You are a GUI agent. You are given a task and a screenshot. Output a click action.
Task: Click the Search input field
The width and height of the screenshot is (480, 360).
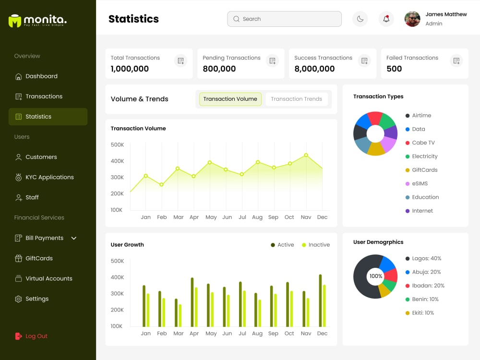tap(284, 19)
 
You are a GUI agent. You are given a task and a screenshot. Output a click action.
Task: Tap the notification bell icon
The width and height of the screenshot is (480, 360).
tap(386, 19)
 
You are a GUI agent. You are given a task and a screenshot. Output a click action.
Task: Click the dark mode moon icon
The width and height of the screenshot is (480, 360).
tap(360, 19)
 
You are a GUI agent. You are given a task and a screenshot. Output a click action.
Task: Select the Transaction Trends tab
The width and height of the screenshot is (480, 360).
tap(296, 99)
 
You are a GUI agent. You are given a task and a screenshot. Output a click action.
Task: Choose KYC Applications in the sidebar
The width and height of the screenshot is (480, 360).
tap(44, 177)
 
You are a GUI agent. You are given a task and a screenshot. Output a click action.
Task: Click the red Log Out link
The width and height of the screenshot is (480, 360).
tap(31, 336)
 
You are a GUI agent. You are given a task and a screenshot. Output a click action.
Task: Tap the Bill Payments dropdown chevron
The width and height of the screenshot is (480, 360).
tap(74, 238)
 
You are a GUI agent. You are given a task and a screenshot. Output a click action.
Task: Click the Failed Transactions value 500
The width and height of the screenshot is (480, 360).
tap(394, 69)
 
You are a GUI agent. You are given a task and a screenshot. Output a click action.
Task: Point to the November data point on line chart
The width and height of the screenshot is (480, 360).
tap(306, 155)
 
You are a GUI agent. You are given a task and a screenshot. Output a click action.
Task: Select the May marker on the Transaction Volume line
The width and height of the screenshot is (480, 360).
tap(209, 163)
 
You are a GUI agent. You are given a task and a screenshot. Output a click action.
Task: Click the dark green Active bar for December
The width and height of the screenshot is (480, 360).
tap(320, 300)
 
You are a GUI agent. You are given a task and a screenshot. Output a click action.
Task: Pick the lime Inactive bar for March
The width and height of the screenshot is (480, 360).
tap(180, 315)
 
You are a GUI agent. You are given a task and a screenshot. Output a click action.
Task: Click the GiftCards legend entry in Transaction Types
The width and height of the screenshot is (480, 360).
tap(421, 170)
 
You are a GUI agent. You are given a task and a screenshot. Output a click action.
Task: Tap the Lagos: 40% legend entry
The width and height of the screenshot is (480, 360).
tap(423, 258)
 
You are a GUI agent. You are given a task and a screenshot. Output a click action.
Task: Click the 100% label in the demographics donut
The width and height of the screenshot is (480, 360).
tap(376, 276)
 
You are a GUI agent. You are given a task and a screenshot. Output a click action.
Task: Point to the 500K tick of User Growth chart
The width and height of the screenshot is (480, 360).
tap(117, 261)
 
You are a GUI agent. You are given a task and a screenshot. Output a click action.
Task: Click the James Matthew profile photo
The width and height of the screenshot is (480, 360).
tap(412, 19)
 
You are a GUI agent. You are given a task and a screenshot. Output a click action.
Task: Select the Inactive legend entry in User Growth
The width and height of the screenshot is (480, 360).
tap(316, 245)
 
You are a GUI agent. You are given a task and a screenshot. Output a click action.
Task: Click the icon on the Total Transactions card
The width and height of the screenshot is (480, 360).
tap(180, 60)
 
